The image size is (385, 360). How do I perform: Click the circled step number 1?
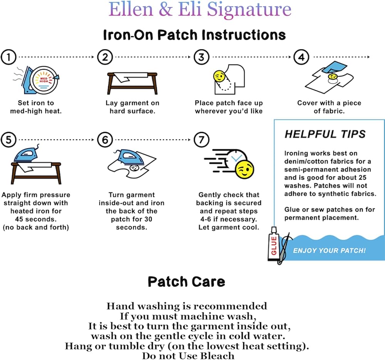tap(9, 57)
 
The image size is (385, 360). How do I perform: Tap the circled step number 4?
tap(301, 57)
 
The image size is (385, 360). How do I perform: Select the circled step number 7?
tap(201, 141)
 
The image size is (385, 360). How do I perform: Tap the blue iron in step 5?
tap(27, 154)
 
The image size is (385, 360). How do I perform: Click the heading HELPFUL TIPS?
tap(325, 134)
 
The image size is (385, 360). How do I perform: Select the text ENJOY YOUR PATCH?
tap(329, 251)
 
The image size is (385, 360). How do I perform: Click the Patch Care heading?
tap(186, 281)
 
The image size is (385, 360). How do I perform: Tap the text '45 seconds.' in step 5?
tap(36, 219)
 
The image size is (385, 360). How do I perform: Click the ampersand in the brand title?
tap(165, 10)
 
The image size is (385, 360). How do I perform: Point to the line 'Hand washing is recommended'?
tap(187, 306)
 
